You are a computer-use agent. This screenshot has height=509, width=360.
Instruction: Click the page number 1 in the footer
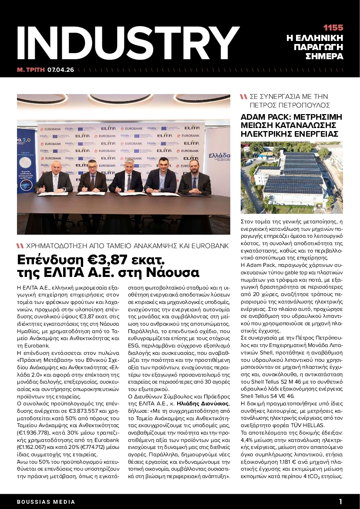point(341,501)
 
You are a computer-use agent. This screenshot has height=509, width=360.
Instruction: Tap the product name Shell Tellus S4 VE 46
point(267,395)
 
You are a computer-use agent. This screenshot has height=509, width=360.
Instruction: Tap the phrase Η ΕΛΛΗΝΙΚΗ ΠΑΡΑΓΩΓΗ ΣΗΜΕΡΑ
point(315,47)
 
